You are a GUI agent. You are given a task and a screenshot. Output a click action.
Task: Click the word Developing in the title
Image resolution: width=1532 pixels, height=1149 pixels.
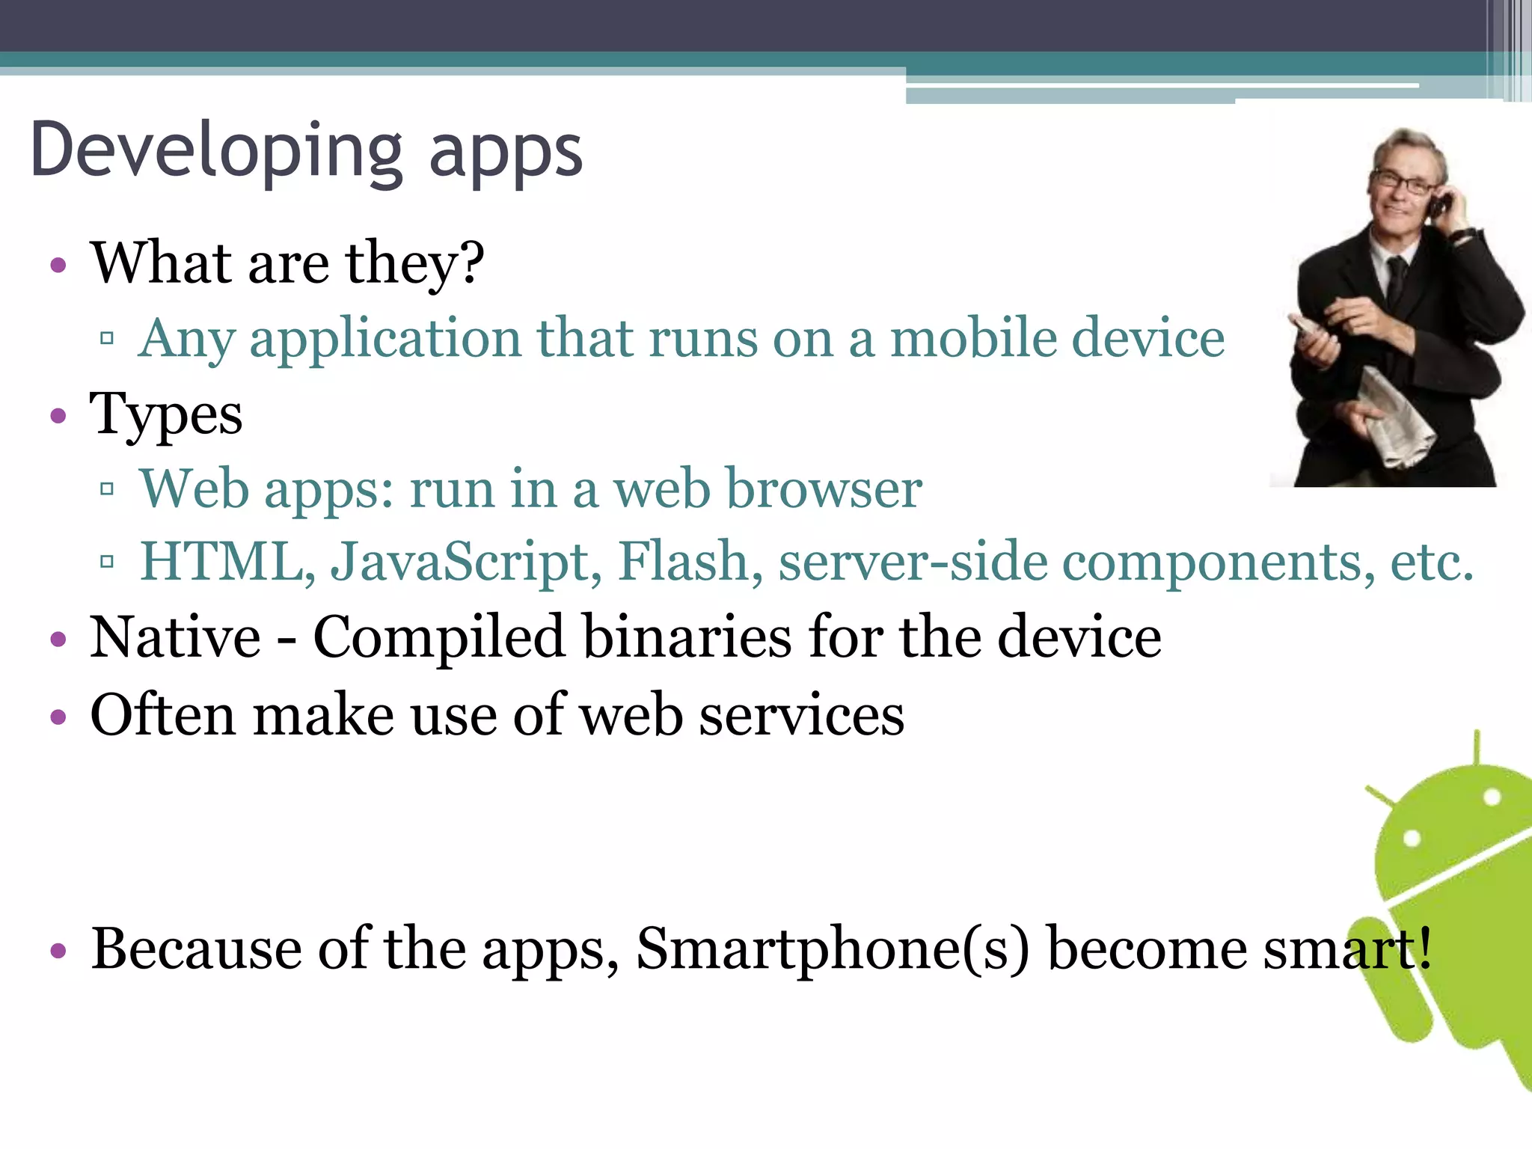coord(217,152)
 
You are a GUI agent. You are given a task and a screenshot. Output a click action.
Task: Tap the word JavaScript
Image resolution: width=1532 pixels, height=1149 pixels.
coord(466,562)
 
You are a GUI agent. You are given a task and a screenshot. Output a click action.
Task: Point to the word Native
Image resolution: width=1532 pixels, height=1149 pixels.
coord(175,637)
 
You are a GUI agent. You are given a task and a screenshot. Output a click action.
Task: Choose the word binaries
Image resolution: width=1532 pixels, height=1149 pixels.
coord(687,637)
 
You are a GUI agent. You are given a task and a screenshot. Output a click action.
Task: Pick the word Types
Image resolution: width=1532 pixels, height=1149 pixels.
coord(166,415)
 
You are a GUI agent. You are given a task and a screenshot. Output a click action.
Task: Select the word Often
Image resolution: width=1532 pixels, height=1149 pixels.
coord(163,716)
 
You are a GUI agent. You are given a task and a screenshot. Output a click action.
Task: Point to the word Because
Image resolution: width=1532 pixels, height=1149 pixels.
coord(196,950)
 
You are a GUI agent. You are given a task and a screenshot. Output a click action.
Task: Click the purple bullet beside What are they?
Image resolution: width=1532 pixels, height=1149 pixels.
coord(58,265)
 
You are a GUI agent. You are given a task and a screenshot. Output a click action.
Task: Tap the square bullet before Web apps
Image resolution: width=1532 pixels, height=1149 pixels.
coord(107,490)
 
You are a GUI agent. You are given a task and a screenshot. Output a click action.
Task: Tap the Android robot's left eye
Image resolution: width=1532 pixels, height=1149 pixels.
coord(1411,838)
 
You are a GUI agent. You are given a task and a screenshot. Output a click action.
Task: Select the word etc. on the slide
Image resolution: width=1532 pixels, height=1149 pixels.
coord(1432,562)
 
